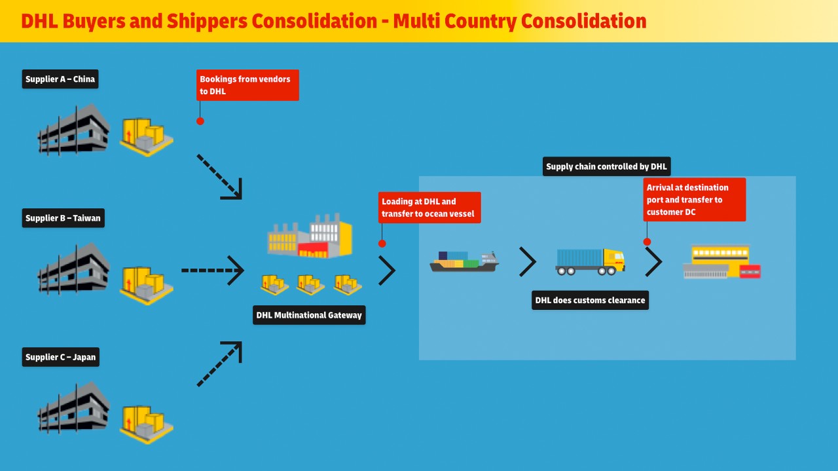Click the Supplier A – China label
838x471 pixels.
click(x=60, y=79)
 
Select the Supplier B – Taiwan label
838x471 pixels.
click(x=63, y=218)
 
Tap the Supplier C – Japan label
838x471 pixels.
click(x=60, y=357)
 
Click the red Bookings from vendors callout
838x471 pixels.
click(x=247, y=85)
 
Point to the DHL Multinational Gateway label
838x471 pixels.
click(x=309, y=315)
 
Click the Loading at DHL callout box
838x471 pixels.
click(x=429, y=208)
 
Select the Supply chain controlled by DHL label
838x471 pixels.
click(x=606, y=166)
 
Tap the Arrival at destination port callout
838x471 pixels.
click(x=694, y=200)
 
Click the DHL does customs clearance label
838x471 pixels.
click(x=590, y=300)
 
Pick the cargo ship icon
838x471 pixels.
click(x=464, y=261)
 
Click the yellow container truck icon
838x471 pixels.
click(x=590, y=261)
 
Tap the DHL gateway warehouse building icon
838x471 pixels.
click(x=310, y=236)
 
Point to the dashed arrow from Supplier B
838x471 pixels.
click(x=212, y=270)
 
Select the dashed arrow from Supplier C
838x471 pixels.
click(x=219, y=364)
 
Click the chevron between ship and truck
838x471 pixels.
click(x=528, y=262)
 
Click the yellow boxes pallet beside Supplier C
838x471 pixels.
click(x=146, y=423)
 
